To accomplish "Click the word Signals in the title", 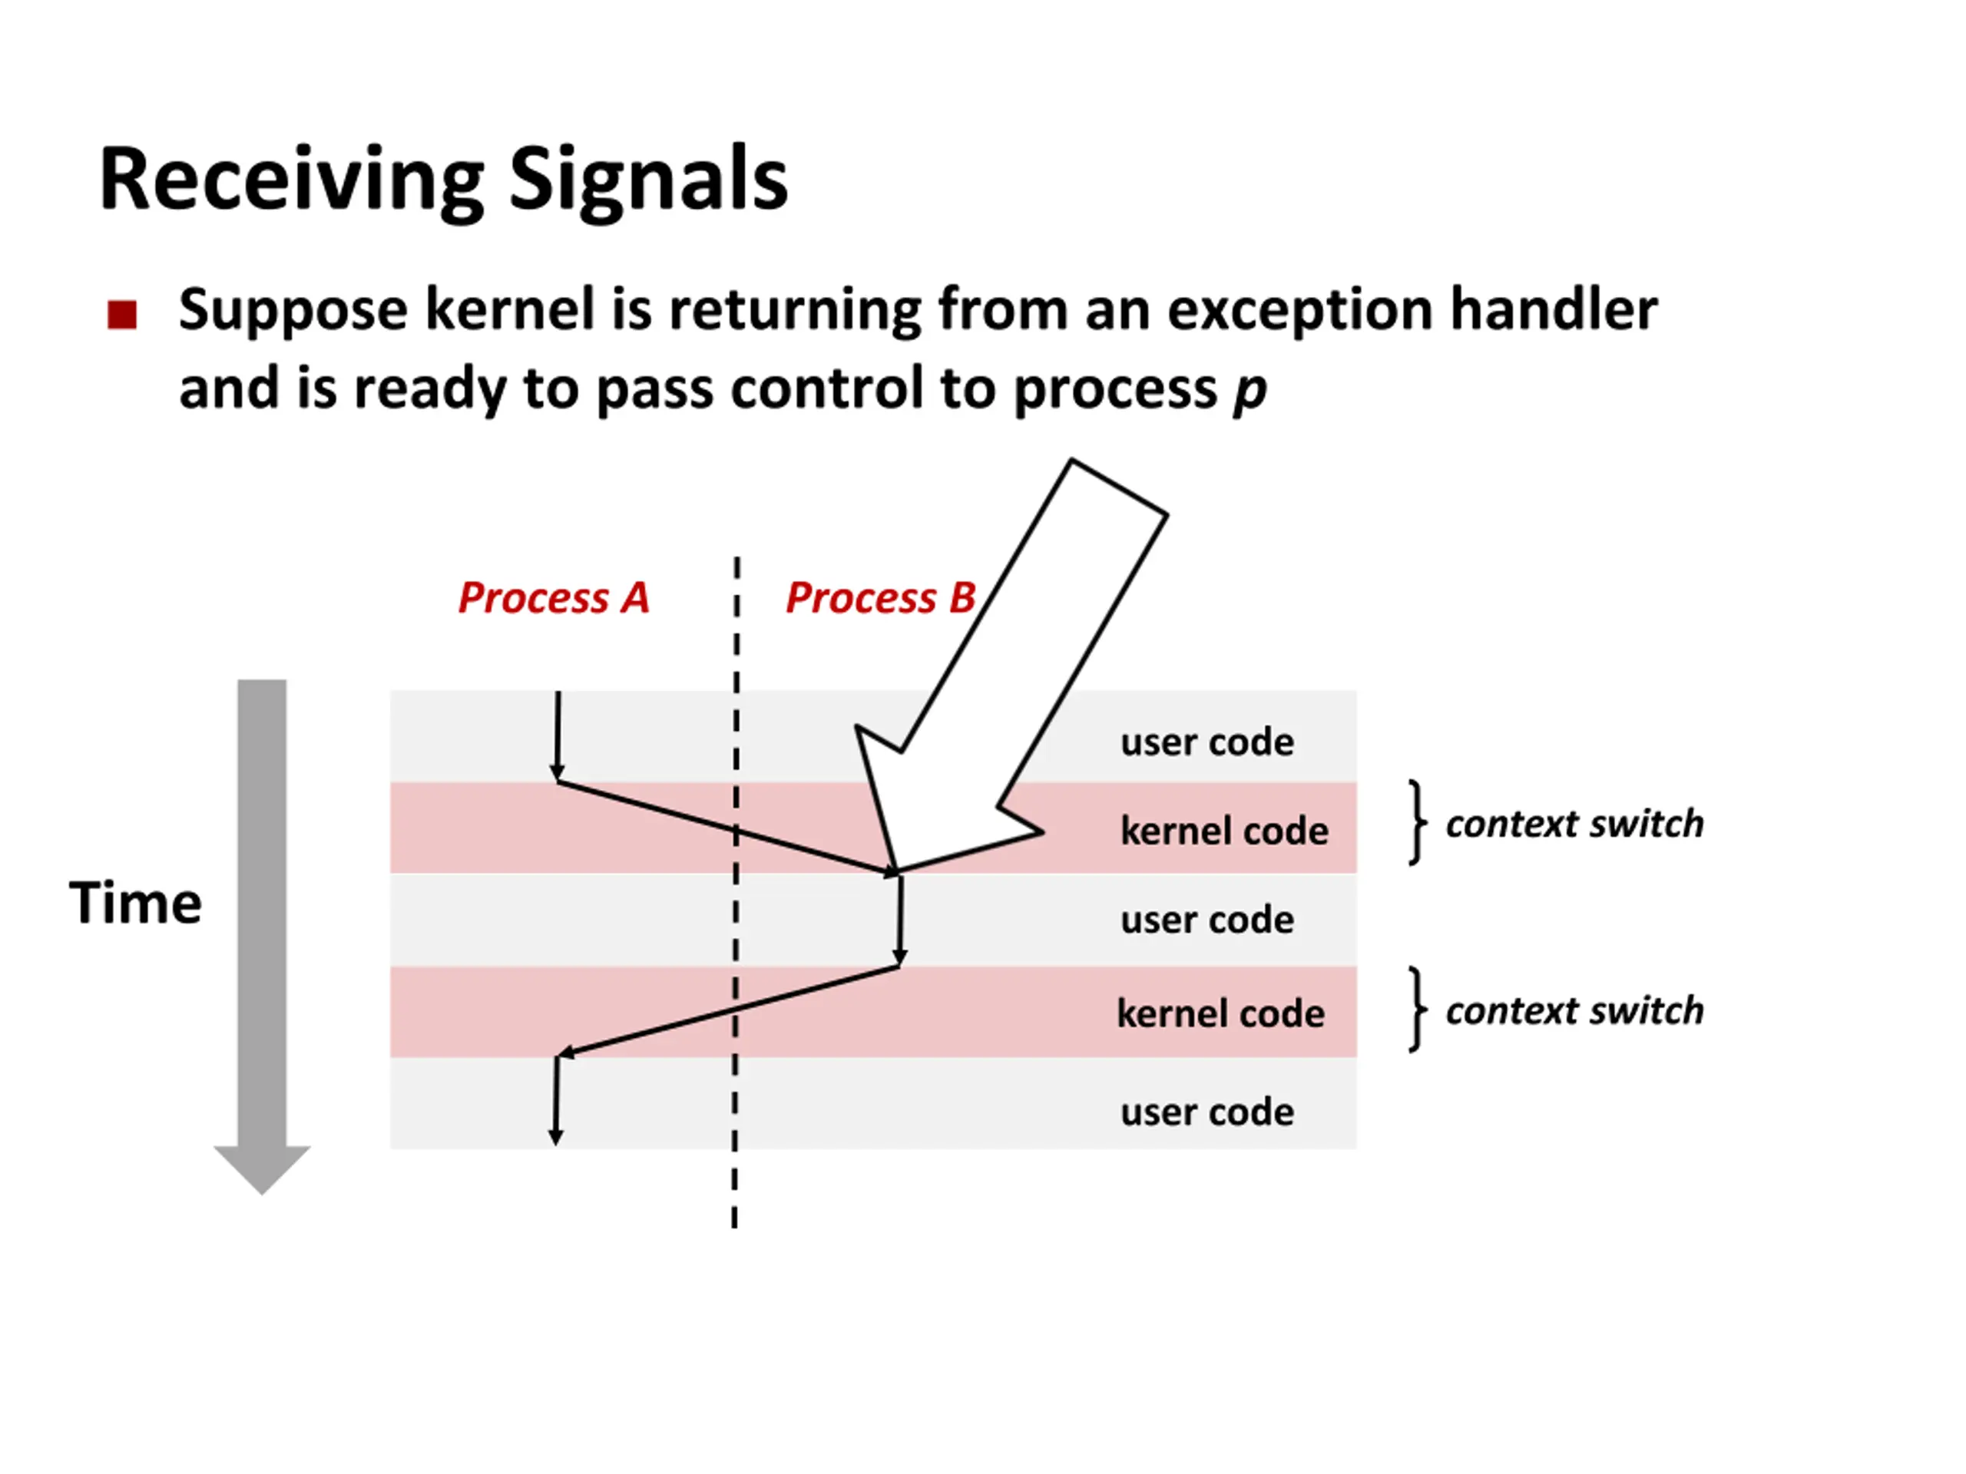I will (x=648, y=180).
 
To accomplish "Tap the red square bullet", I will (x=122, y=314).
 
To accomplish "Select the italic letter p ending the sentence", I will (x=1249, y=390).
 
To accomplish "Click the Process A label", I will (x=553, y=597).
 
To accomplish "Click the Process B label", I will (x=880, y=597).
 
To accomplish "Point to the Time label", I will (x=135, y=903).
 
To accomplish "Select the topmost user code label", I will (x=1206, y=742).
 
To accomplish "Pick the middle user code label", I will (x=1206, y=920).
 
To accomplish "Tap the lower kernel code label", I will (x=1220, y=1013).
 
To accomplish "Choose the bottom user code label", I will (x=1206, y=1112).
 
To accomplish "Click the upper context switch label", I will (x=1574, y=824).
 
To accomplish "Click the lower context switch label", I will (x=1574, y=1010).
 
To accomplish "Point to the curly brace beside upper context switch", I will (x=1418, y=823).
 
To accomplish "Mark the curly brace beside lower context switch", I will (x=1418, y=1010).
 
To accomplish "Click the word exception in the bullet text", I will (x=1299, y=310).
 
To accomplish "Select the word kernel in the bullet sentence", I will (x=509, y=310).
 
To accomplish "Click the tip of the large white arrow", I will (x=894, y=870).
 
